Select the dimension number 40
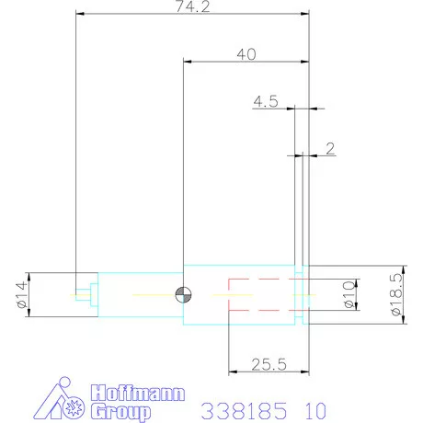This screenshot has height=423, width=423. click(x=246, y=54)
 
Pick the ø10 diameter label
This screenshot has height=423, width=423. click(x=347, y=294)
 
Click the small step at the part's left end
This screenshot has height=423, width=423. click(x=86, y=294)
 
